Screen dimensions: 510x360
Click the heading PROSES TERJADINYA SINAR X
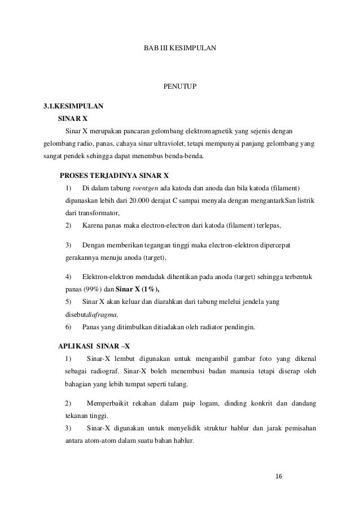click(114, 175)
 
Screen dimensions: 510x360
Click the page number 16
click(278, 476)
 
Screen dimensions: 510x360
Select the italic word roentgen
click(145, 188)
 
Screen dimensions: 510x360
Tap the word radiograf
click(104, 372)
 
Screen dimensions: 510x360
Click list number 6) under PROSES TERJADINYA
click(69, 327)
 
